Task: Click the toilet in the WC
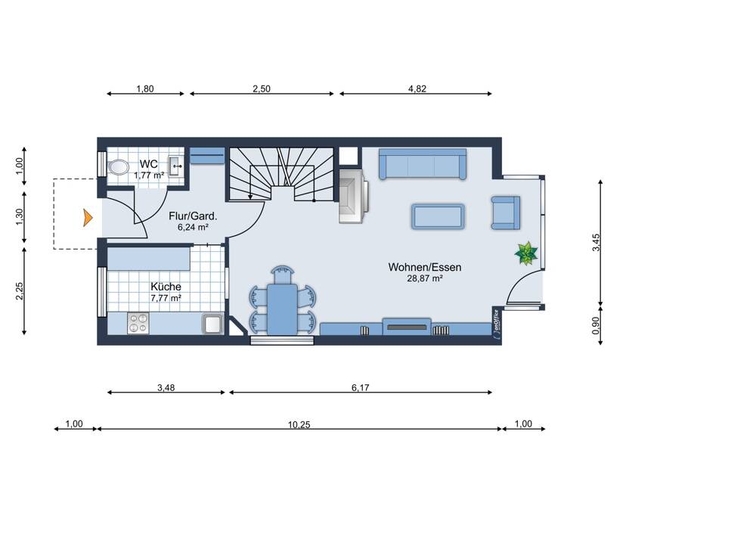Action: click(117, 167)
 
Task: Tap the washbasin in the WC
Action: click(175, 166)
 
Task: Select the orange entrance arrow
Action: click(87, 218)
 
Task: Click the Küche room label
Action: click(166, 287)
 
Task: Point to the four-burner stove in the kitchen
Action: click(138, 323)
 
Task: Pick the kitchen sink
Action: click(212, 323)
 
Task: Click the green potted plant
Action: click(526, 253)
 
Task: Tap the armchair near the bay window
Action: click(506, 213)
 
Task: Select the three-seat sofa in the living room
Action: click(423, 164)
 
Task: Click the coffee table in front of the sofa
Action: click(438, 216)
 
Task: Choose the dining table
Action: click(283, 309)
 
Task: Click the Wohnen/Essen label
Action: click(425, 267)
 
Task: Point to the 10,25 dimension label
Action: click(299, 424)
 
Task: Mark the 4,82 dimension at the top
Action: click(417, 88)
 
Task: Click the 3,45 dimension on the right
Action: click(596, 243)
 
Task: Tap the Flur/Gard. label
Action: click(193, 216)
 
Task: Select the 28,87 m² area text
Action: click(425, 278)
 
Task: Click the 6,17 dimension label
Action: click(360, 387)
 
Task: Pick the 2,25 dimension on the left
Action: click(20, 291)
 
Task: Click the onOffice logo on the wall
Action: click(496, 325)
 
